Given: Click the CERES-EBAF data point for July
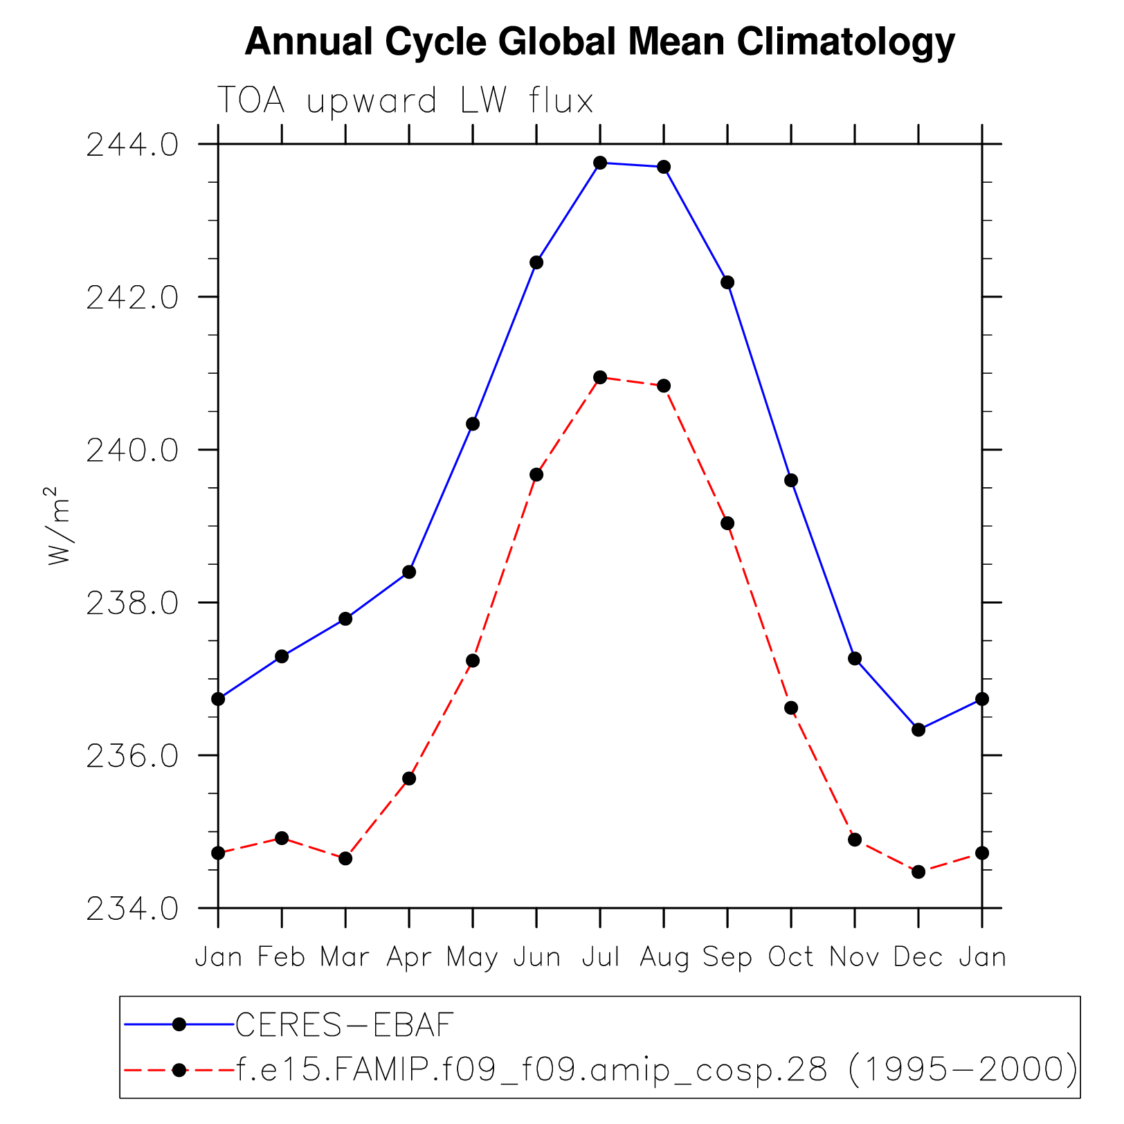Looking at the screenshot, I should point(600,163).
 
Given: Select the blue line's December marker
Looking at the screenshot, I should point(918,729).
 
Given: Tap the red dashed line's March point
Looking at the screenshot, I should point(345,858).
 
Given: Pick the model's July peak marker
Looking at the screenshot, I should point(600,377).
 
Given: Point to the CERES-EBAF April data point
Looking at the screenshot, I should point(409,572).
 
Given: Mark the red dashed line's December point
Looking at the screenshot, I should point(918,872).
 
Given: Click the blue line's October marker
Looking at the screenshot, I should point(791,480).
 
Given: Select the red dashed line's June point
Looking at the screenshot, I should point(536,475).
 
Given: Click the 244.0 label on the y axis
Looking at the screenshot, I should point(132,145).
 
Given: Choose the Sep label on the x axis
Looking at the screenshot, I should point(727,958).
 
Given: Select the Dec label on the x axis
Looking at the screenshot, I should point(918,958).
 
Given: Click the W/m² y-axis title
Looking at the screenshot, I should point(60,526).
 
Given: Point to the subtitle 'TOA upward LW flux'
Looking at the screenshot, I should point(406,101).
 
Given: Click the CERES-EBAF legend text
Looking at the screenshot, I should point(345,1025).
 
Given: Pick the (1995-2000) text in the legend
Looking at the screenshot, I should point(963,1071).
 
